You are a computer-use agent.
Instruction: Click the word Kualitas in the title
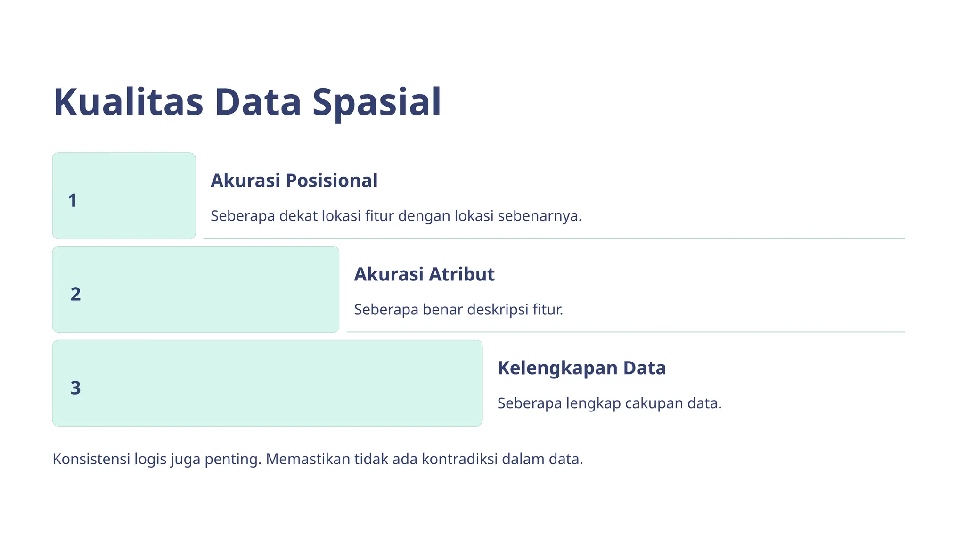coord(128,102)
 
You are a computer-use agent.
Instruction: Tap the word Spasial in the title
coord(376,102)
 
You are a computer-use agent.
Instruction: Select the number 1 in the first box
coord(72,201)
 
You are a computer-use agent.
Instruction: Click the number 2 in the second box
coord(75,295)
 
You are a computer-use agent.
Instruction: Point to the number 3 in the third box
coord(75,388)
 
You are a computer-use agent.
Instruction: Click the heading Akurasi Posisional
coord(294,181)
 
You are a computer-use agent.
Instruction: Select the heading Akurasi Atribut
coord(424,274)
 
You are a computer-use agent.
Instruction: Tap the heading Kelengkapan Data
coord(581,368)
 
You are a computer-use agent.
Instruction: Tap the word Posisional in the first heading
coord(331,181)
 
